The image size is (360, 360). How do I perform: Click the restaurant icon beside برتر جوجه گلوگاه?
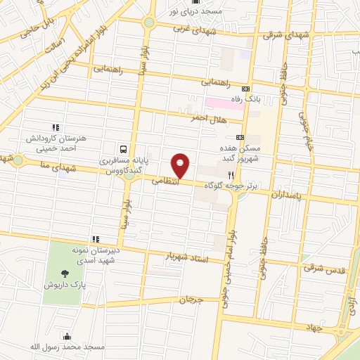pyautogui.click(x=230, y=175)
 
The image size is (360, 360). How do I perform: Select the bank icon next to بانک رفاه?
pyautogui.click(x=245, y=89)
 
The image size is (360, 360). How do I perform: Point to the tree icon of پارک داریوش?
pyautogui.click(x=65, y=273)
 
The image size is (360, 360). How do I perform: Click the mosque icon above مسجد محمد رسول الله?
pyautogui.click(x=66, y=336)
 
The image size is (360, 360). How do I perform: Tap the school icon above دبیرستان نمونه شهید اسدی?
pyautogui.click(x=95, y=239)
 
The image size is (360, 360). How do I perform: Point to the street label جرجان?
pyautogui.click(x=190, y=300)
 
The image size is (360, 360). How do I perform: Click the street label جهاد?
pyautogui.click(x=313, y=327)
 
